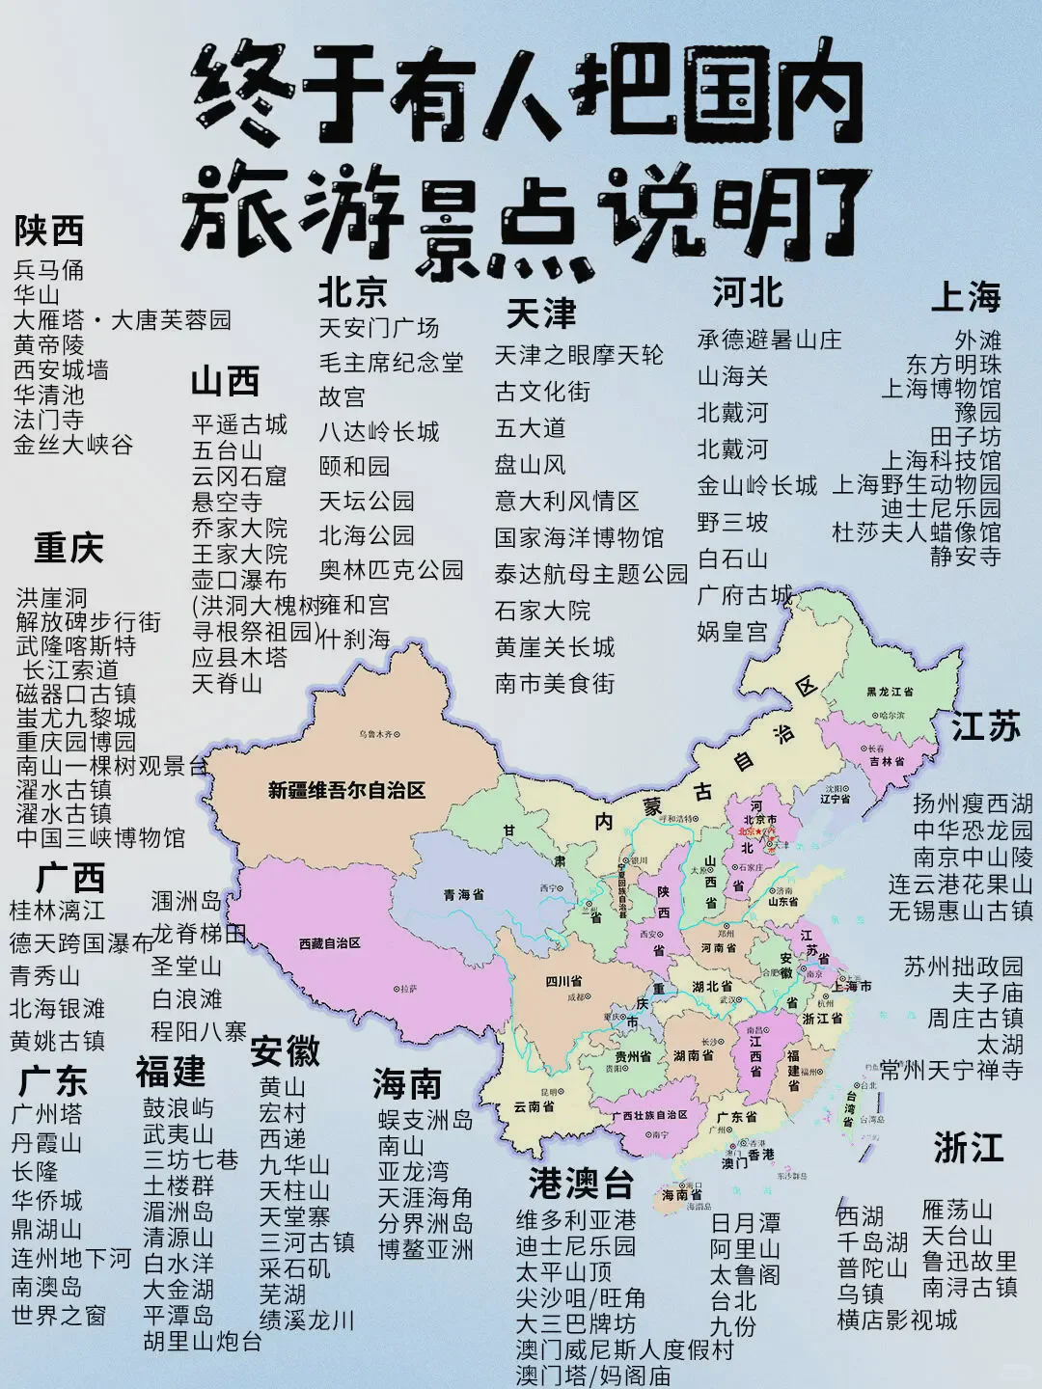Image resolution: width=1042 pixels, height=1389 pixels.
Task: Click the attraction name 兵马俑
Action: point(48,270)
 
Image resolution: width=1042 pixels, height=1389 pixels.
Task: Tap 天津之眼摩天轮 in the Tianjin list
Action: point(579,355)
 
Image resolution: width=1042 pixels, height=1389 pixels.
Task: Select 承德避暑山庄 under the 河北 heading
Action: point(769,340)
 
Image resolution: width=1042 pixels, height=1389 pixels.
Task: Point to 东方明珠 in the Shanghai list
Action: point(953,365)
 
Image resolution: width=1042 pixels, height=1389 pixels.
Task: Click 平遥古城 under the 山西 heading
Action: point(239,424)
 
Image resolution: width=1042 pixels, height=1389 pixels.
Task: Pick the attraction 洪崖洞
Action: point(51,598)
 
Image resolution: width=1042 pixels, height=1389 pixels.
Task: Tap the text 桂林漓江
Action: point(57,910)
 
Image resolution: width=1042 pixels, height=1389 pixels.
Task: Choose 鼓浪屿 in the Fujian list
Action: point(178,1108)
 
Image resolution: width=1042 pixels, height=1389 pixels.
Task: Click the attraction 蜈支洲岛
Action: point(425,1120)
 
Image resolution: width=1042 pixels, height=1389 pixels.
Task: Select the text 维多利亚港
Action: point(576,1220)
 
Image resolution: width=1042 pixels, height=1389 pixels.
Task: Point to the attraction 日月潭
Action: point(745,1223)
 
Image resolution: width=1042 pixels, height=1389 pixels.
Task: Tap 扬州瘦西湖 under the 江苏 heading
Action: point(973,803)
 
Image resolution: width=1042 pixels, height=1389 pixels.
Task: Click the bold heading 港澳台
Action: point(581,1184)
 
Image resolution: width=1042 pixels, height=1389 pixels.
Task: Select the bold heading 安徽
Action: point(285,1051)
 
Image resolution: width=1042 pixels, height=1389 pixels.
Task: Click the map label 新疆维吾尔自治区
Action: point(346,791)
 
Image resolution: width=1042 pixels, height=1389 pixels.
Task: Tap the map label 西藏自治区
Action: point(329,942)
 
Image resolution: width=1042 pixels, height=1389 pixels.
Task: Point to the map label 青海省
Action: point(463,895)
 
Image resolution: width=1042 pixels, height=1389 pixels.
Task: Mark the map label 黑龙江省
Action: point(889,692)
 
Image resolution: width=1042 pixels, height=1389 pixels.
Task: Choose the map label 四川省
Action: point(563,981)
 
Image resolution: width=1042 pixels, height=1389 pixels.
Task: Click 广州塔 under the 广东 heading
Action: point(46,1114)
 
